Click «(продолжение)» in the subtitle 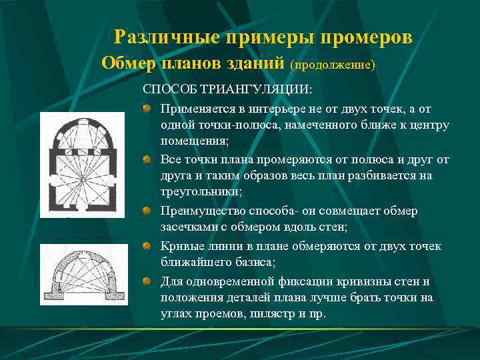pyautogui.click(x=333, y=65)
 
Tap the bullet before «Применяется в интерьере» pyautogui.click(x=147, y=107)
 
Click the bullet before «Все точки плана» pyautogui.click(x=147, y=159)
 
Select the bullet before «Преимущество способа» pyautogui.click(x=147, y=211)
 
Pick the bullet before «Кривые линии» pyautogui.click(x=147, y=246)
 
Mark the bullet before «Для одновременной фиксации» pyautogui.click(x=147, y=281)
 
